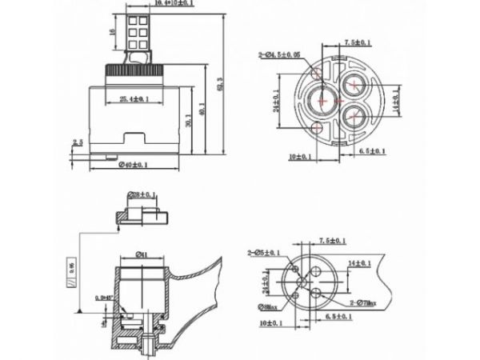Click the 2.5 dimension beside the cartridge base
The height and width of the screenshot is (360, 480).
[x=78, y=142]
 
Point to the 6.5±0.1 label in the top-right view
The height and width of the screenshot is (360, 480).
[x=372, y=150]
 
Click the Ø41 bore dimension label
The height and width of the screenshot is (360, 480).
[x=139, y=255]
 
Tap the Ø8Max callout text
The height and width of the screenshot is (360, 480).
[x=269, y=306]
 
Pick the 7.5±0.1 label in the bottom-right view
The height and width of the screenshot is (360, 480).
[x=333, y=240]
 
